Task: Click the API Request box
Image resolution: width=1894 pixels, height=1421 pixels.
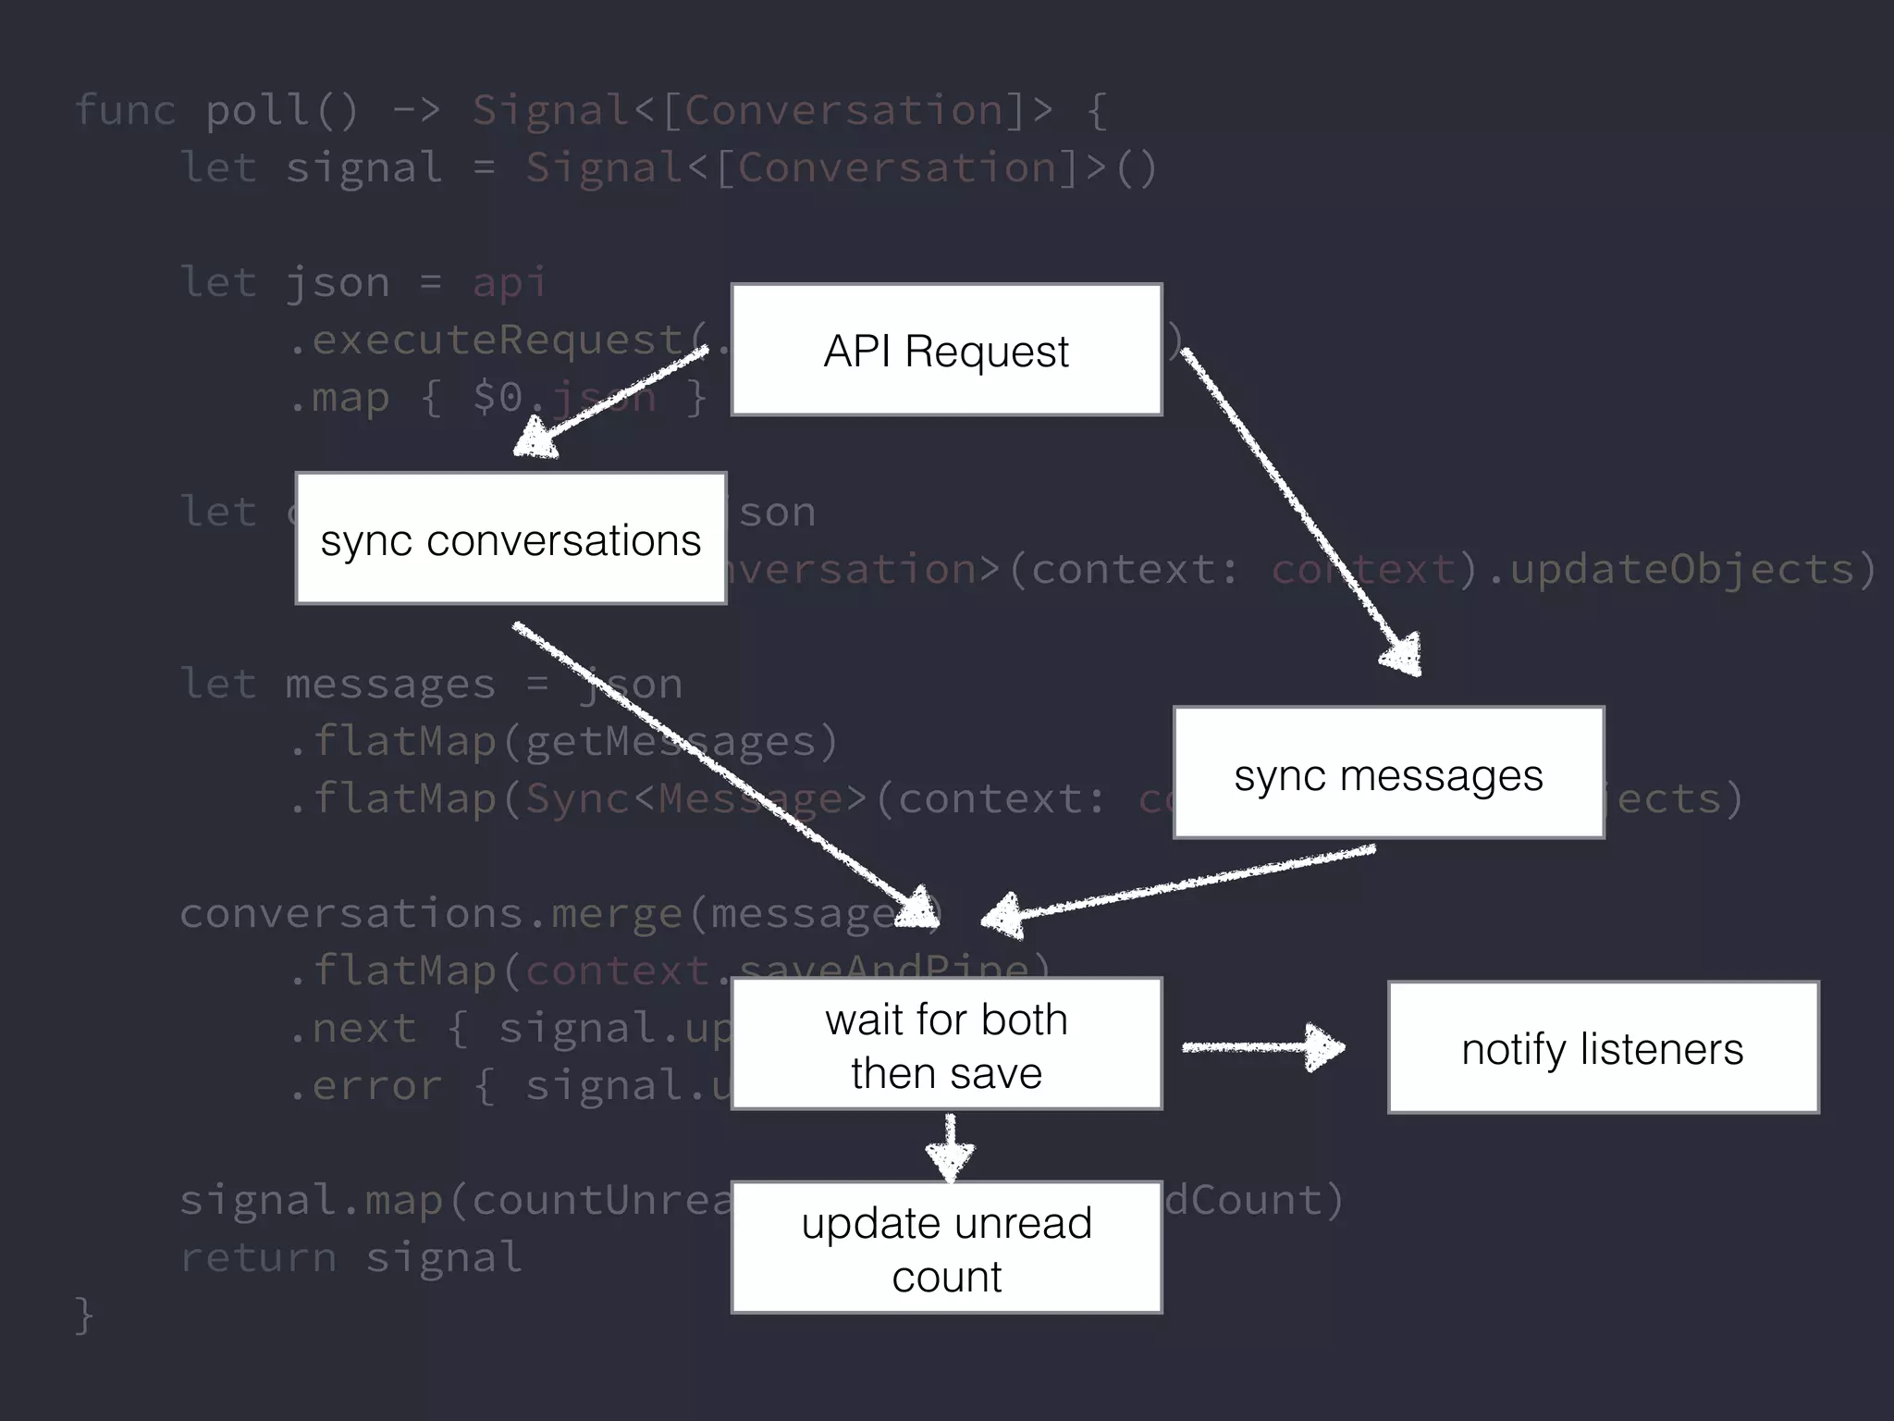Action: pyautogui.click(x=946, y=350)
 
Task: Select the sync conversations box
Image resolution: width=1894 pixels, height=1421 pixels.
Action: pyautogui.click(x=510, y=538)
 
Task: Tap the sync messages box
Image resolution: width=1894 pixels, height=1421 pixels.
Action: pyautogui.click(x=1388, y=772)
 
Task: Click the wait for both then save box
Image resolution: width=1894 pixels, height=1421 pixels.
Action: pyautogui.click(x=946, y=1044)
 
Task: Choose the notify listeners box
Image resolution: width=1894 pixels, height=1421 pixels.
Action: pyautogui.click(x=1603, y=1047)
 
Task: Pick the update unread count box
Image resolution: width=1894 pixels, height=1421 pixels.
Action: pyautogui.click(x=946, y=1247)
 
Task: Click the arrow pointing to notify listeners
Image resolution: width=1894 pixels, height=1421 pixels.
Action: pyautogui.click(x=1262, y=1047)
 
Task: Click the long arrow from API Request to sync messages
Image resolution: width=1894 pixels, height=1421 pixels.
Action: pyautogui.click(x=1299, y=509)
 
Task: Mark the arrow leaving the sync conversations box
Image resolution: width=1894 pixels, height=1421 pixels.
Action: pyautogui.click(x=721, y=768)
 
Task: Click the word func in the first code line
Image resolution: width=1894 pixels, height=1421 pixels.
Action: pyautogui.click(x=124, y=111)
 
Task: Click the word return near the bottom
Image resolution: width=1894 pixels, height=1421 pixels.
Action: pyautogui.click(x=258, y=1257)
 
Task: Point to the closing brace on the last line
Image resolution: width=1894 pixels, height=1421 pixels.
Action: pyautogui.click(x=84, y=1315)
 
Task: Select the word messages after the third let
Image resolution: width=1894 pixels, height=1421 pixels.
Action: pyautogui.click(x=389, y=685)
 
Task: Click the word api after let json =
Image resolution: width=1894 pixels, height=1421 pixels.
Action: pyautogui.click(x=510, y=282)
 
